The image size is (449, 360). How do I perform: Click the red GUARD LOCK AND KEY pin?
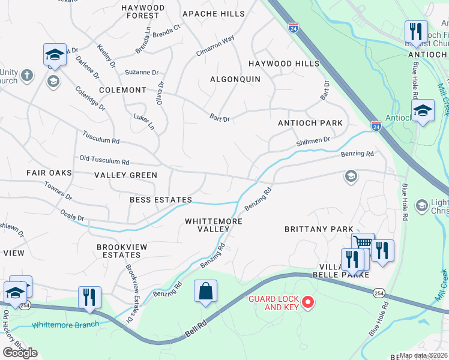(x=308, y=301)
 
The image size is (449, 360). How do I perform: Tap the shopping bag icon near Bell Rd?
(x=205, y=291)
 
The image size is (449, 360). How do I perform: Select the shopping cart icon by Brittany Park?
(x=363, y=243)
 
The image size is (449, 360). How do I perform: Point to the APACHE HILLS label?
(x=214, y=14)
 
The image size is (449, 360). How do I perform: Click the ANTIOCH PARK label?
(x=310, y=123)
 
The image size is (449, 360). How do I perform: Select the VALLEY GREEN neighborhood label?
(x=125, y=175)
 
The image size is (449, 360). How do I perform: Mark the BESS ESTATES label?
(x=160, y=200)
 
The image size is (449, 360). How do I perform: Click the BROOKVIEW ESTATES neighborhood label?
(x=122, y=251)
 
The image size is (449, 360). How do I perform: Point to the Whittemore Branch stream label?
(x=57, y=325)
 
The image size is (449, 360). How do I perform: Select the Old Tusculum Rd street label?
(x=104, y=161)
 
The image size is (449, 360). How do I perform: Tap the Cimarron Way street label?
(x=215, y=46)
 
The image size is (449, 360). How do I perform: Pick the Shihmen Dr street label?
(x=313, y=141)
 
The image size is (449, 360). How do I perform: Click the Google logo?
(x=20, y=353)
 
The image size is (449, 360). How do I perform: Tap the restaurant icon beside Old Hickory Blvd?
(x=89, y=297)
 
